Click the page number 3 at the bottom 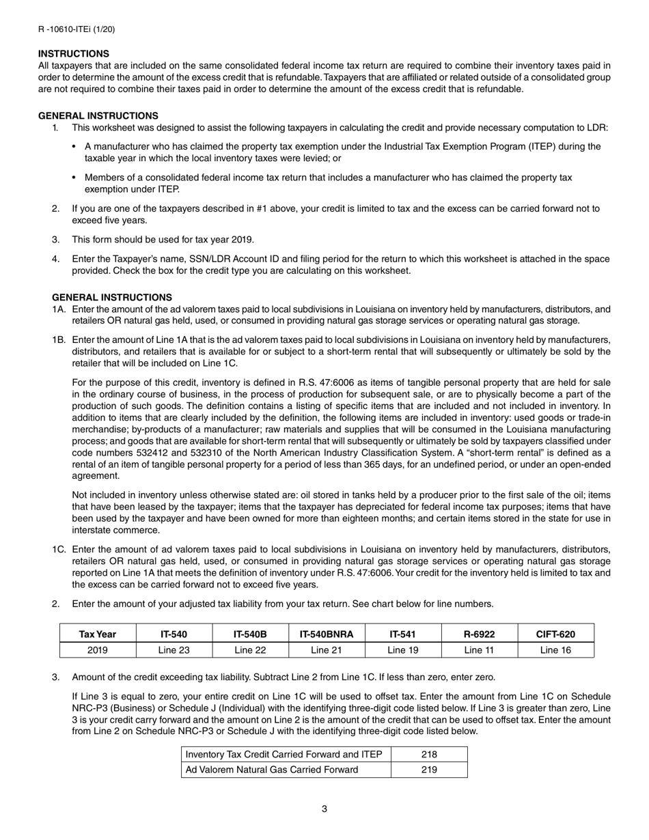tap(324, 809)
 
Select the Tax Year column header tap(98, 634)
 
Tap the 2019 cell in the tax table tap(98, 650)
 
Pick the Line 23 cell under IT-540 tap(174, 650)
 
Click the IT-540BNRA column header tap(327, 634)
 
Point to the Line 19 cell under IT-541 tap(403, 650)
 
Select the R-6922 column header tap(480, 634)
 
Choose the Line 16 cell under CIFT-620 tap(555, 650)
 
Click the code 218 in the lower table tap(429, 755)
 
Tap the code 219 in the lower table tap(429, 770)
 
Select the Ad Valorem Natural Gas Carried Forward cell tap(272, 770)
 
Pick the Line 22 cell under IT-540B tap(250, 650)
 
